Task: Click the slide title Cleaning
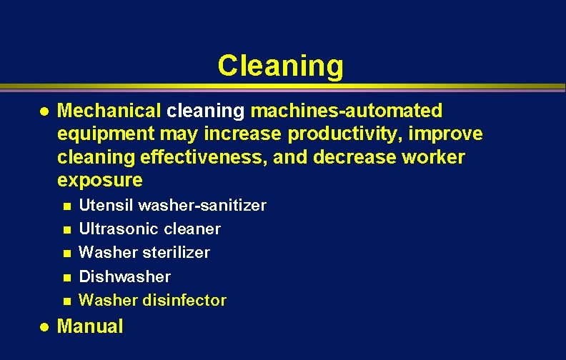[280, 66]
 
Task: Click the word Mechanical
[109, 111]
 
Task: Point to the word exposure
[99, 179]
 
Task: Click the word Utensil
[106, 206]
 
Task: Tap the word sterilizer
[174, 253]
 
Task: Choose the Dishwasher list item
[124, 276]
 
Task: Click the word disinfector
[184, 300]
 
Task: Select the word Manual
[89, 326]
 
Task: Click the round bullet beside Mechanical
[44, 111]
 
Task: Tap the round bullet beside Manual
[44, 327]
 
